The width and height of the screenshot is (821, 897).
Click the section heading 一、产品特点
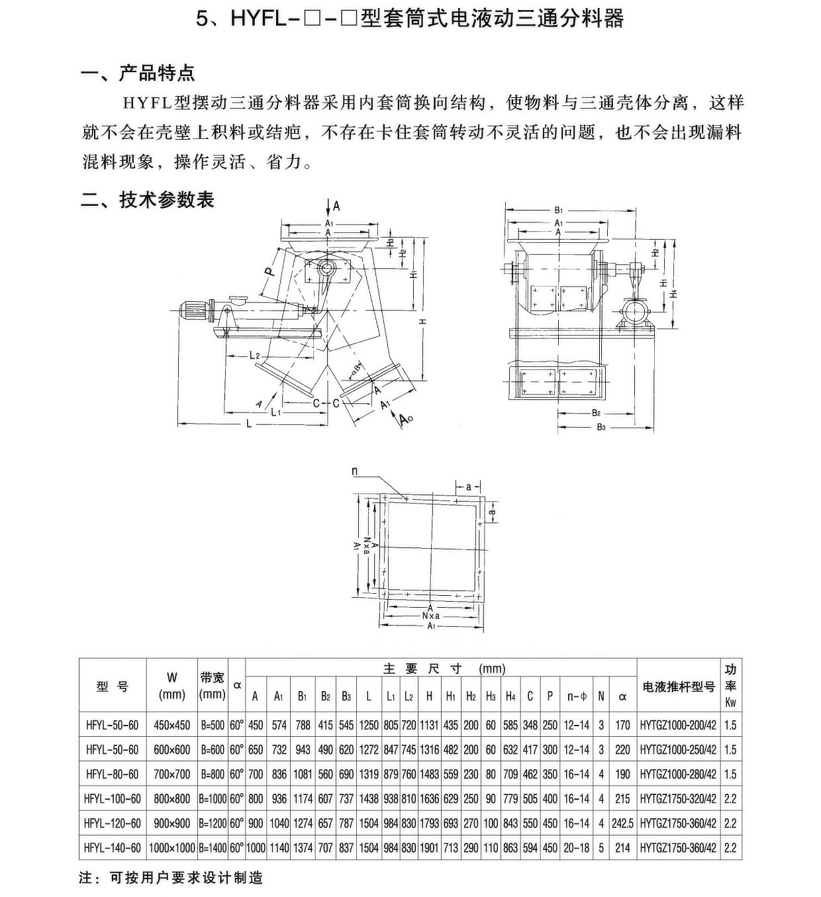click(x=137, y=72)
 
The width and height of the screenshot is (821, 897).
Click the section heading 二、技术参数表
click(x=147, y=199)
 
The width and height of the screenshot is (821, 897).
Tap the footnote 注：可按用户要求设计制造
click(x=171, y=878)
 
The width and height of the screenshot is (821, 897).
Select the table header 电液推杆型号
click(x=679, y=686)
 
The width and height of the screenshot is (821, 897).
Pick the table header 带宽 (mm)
click(x=213, y=686)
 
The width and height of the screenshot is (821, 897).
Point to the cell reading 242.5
click(x=622, y=824)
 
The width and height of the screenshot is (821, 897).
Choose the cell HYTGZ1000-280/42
click(x=679, y=774)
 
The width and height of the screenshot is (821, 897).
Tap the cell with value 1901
click(x=429, y=848)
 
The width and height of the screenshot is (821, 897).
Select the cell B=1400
click(x=213, y=848)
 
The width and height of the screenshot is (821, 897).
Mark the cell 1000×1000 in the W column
click(x=172, y=848)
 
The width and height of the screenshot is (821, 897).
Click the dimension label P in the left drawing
click(x=267, y=271)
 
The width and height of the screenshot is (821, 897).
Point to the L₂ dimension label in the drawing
click(x=255, y=355)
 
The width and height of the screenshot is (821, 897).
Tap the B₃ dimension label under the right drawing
click(x=601, y=427)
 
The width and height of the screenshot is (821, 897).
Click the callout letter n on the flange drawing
click(x=355, y=471)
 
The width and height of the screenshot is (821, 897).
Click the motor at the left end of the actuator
click(x=193, y=310)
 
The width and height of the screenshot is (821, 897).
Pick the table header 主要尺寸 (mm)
click(x=444, y=669)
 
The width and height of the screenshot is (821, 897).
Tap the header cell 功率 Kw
click(x=730, y=686)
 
